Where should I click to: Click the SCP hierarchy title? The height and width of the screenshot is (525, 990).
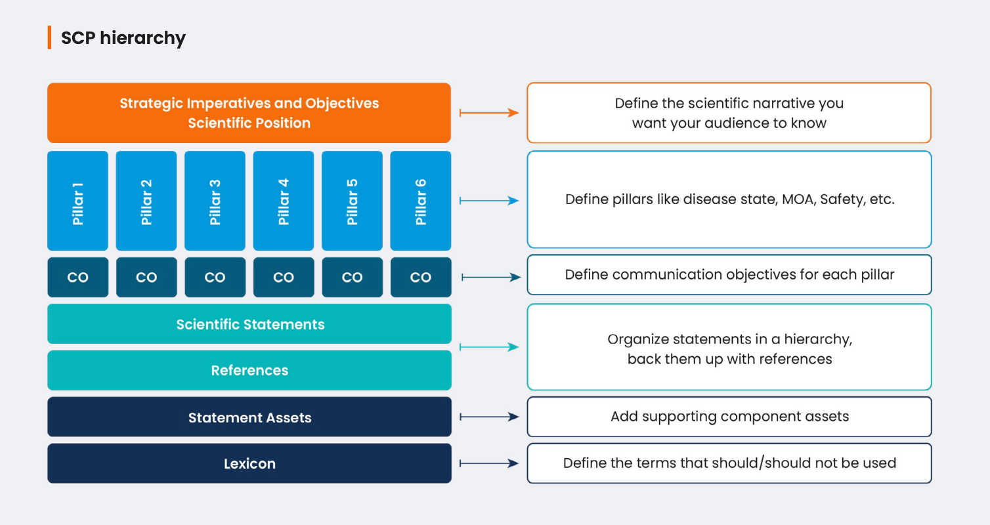pos(123,38)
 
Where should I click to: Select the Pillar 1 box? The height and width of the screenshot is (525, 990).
pos(78,201)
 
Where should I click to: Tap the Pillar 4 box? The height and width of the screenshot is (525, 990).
pos(284,201)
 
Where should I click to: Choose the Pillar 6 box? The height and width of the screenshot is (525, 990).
pos(421,201)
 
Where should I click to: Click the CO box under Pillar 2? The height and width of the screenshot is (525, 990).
pos(146,278)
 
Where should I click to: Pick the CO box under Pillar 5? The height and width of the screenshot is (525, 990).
pos(353,278)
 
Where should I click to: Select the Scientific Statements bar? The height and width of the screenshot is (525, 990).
pos(249,324)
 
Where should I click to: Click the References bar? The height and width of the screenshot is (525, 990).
pos(249,370)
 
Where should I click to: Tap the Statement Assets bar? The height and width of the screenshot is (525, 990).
pos(249,417)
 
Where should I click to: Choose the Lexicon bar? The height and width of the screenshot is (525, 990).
pos(249,463)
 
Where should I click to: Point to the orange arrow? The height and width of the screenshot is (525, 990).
pos(489,113)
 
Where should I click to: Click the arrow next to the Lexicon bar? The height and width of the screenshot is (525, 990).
pos(489,463)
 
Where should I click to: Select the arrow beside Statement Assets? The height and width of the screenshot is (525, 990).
pos(489,417)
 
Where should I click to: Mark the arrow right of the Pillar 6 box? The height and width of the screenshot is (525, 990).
pos(489,201)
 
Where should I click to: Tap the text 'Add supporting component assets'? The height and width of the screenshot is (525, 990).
pos(729,416)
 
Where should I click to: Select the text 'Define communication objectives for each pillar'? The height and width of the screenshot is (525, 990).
pos(729,274)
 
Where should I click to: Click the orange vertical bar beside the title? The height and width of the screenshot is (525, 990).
pos(49,37)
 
